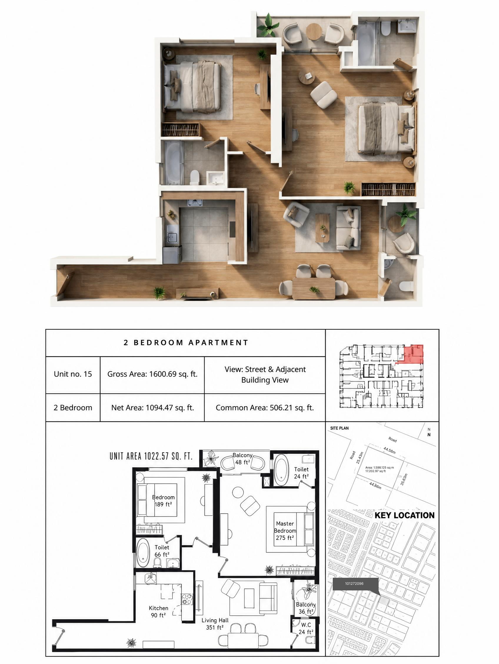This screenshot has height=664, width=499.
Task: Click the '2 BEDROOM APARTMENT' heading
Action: pos(186,343)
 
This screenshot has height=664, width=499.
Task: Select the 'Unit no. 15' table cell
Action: pos(73,374)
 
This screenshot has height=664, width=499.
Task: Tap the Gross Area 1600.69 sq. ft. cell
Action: pos(152,374)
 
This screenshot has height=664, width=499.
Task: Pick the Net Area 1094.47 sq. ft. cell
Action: pos(152,408)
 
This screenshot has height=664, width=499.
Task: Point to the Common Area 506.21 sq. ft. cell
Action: pos(265,408)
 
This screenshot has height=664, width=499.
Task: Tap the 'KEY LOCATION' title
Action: pos(405,515)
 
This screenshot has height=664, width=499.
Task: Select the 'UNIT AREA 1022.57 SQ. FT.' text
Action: pos(151,456)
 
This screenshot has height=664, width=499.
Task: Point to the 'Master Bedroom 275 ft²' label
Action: pos(285,531)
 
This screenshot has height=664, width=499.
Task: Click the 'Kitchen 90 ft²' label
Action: pos(158,612)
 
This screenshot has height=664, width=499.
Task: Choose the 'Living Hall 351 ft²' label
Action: pos(215,624)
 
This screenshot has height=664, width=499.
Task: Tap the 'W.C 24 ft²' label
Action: pos(306,628)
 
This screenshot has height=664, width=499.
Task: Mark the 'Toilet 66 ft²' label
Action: pos(162,551)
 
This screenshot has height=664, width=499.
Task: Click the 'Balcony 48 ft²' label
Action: pos(242,459)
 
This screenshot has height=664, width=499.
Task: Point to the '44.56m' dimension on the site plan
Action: pos(390,450)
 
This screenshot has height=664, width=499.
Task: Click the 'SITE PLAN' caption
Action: pos(339,428)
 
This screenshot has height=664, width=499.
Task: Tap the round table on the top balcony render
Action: pos(314,31)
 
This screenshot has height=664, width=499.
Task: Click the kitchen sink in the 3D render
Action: pos(172,237)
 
